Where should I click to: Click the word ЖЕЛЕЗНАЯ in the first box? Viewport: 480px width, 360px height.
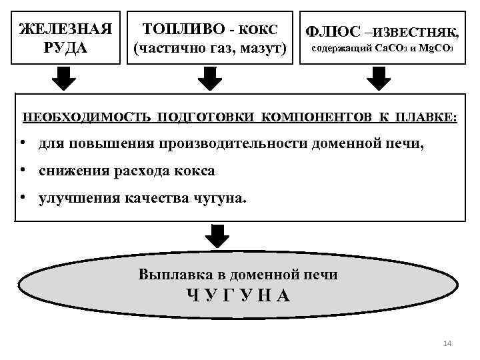click(x=64, y=30)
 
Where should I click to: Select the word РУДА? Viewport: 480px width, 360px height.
click(x=64, y=48)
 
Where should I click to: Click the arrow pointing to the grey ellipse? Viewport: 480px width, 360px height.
click(x=217, y=235)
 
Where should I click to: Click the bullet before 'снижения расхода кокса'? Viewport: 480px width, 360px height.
click(x=23, y=171)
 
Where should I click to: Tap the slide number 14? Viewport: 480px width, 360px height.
click(x=447, y=343)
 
